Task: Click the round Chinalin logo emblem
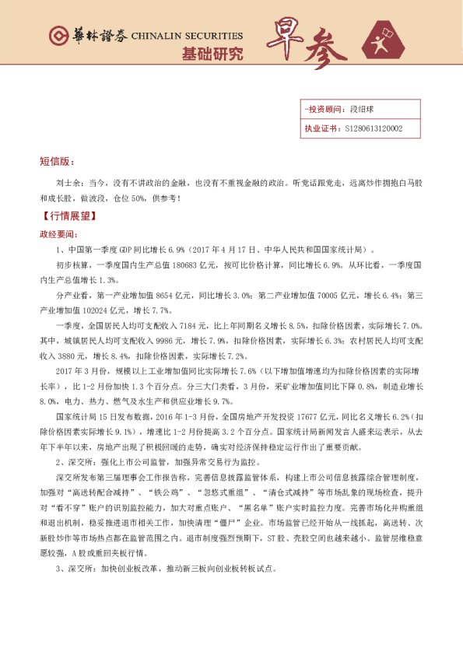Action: point(57,37)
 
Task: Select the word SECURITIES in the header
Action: point(215,37)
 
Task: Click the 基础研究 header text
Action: point(212,54)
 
